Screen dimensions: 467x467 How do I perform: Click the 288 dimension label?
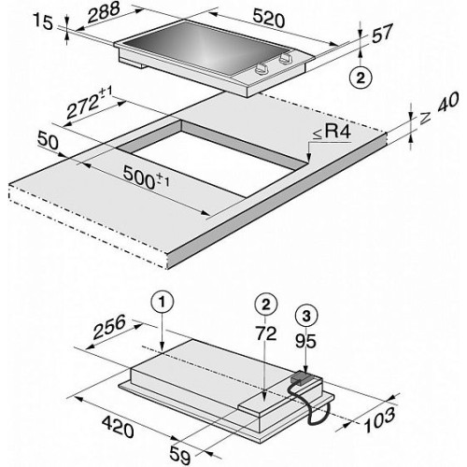[104, 13]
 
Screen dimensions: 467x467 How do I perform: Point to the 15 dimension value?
[43, 22]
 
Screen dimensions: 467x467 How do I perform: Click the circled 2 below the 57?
[361, 78]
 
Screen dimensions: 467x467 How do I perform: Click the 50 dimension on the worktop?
[48, 141]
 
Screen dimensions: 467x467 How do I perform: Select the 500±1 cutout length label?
[146, 177]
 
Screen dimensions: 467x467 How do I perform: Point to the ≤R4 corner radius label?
[332, 133]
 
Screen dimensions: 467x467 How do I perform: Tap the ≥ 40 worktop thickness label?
[439, 108]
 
